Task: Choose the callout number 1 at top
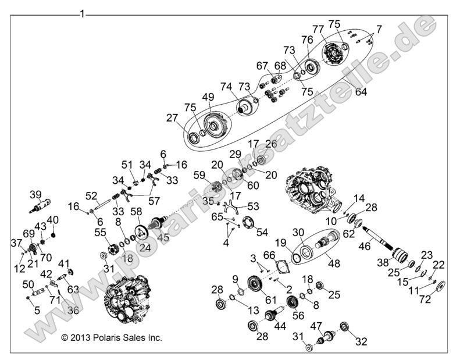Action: (82, 13)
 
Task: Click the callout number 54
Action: (262, 232)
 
